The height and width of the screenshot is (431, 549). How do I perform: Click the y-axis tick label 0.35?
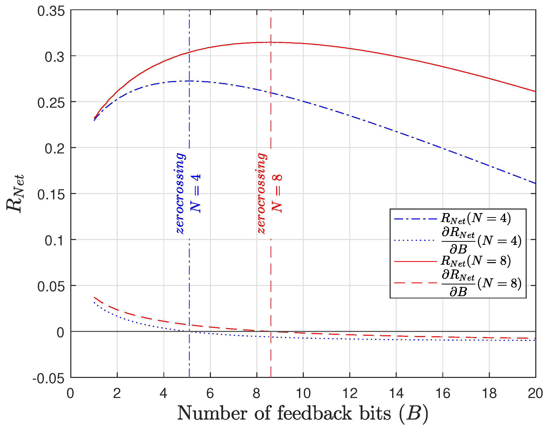click(x=51, y=11)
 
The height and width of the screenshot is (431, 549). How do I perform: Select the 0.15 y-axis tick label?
click(x=51, y=195)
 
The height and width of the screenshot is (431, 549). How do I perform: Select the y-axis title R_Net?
click(x=15, y=193)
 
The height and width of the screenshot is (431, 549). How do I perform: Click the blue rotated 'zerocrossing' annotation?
click(x=181, y=194)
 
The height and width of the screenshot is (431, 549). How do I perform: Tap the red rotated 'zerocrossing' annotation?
click(x=262, y=194)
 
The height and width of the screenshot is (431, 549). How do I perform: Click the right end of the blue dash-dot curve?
click(x=535, y=183)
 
